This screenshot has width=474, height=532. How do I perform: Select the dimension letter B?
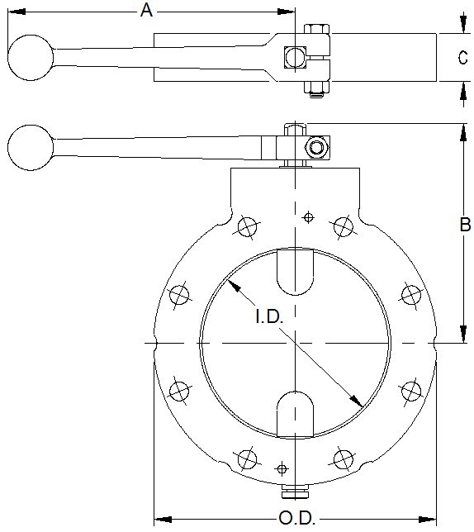click(x=464, y=224)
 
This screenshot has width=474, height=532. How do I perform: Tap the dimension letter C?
click(x=463, y=57)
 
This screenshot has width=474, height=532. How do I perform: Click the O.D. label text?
click(x=293, y=519)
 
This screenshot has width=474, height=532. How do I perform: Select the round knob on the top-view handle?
click(x=31, y=56)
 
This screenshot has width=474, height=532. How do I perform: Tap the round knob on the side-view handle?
click(x=31, y=147)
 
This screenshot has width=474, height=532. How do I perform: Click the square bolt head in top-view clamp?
click(x=293, y=57)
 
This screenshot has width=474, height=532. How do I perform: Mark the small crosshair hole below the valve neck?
click(x=309, y=217)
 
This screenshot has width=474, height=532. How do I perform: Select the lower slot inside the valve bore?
click(x=295, y=412)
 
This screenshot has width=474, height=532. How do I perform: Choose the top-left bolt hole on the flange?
click(x=245, y=226)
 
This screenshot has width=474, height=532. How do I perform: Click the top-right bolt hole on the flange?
click(x=343, y=226)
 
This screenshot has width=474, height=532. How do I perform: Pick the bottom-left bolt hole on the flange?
click(x=245, y=458)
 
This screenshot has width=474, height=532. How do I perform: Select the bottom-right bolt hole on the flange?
click(x=342, y=458)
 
